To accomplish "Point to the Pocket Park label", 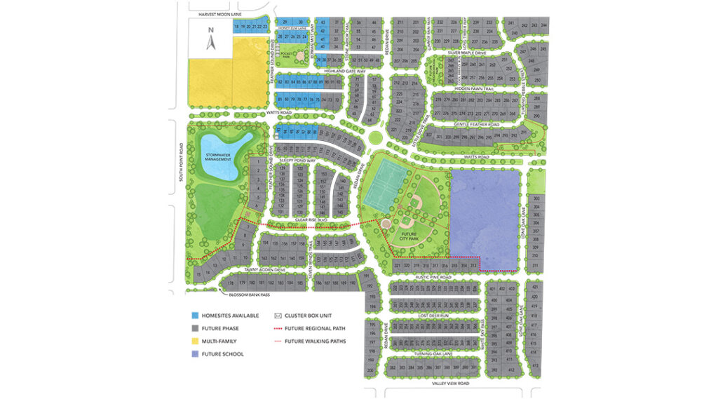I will (x=285, y=53).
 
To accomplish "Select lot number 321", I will (x=397, y=266).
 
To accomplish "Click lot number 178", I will (x=229, y=283).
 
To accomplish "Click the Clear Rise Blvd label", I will (x=312, y=219).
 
